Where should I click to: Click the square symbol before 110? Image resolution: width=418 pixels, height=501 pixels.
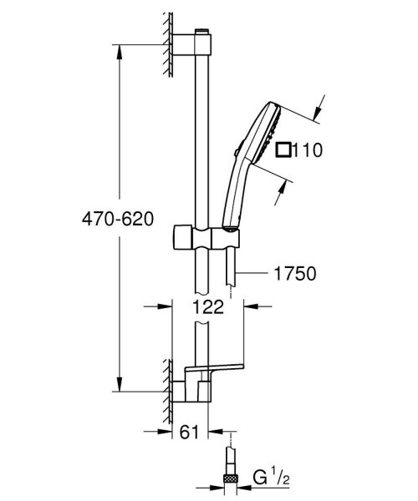(x=284, y=150)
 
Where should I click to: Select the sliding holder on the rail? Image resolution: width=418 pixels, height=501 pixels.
(x=202, y=237)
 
